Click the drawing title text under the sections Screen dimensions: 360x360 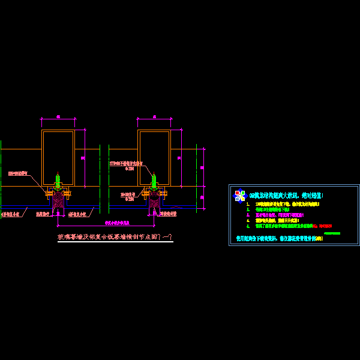115,238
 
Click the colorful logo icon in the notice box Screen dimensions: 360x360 240,196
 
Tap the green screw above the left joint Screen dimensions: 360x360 58,179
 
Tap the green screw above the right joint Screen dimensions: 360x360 154,179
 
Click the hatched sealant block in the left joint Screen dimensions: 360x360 58,200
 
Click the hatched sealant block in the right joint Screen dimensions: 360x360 154,200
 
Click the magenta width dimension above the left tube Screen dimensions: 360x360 58,117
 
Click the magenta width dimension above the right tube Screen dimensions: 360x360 154,117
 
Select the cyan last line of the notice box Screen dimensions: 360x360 279,238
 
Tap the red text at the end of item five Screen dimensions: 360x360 325,226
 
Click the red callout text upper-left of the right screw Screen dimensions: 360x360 126,164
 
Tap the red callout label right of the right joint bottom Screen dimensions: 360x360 168,213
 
